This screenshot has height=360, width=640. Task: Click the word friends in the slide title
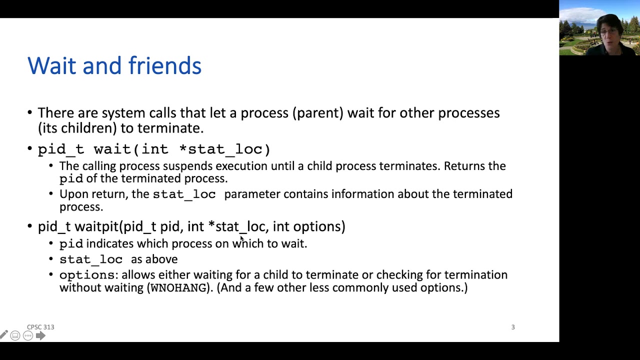(164, 66)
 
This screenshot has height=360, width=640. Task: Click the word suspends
(187, 166)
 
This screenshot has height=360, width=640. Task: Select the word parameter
(252, 194)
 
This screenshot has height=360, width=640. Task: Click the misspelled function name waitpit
(96, 226)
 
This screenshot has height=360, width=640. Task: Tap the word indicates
(109, 243)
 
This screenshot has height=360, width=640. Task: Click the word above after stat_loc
(161, 259)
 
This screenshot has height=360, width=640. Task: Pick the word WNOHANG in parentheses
(178, 288)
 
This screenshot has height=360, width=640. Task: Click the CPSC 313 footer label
(40, 327)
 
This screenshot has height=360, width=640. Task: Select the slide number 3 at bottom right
(512, 327)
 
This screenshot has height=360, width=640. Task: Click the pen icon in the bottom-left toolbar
(4, 335)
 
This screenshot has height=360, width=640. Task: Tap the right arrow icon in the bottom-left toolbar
(40, 336)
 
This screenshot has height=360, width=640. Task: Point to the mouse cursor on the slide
(242, 239)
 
